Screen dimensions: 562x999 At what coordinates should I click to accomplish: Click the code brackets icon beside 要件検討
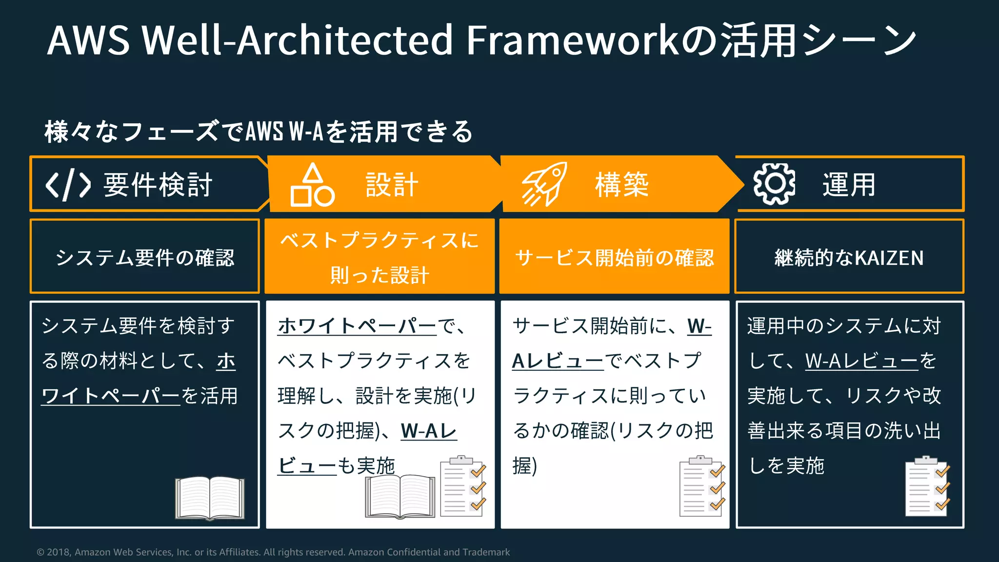68,185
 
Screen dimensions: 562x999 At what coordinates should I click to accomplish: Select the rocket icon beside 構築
544,184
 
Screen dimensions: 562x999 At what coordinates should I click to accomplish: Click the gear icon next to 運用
774,184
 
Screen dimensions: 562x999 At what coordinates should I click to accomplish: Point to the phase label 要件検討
158,185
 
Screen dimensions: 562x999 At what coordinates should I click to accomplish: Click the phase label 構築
622,185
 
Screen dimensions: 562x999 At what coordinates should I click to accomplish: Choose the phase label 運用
849,185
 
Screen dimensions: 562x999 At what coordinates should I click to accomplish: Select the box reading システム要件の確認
145,257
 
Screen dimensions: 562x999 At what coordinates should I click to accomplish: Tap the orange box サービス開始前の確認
614,257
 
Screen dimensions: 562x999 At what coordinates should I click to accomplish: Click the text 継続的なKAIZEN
849,257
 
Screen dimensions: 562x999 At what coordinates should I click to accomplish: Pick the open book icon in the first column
210,498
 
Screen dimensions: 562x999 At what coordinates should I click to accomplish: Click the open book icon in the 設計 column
400,496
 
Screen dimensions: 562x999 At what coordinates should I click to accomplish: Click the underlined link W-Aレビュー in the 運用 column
861,361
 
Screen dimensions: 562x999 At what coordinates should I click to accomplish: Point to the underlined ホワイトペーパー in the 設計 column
357,326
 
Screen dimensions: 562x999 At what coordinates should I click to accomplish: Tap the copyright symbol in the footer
40,552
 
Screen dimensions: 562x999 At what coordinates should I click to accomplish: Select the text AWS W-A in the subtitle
284,131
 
